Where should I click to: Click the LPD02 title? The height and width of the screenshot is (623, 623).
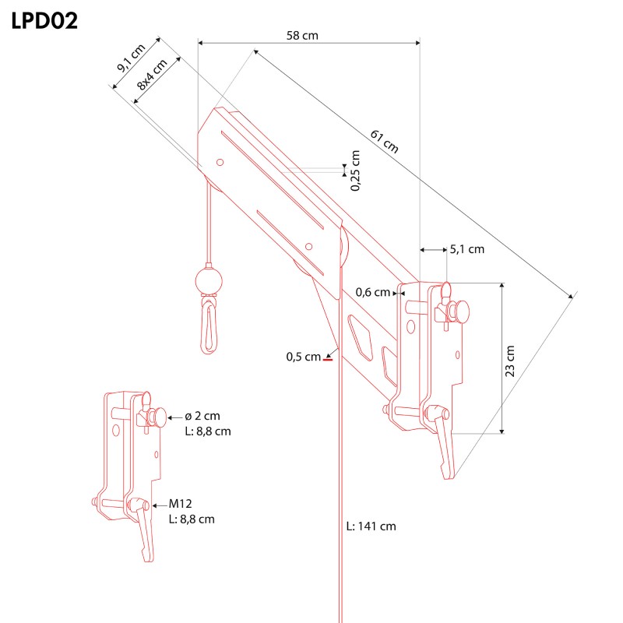(44, 21)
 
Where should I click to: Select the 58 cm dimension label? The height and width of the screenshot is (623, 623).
(302, 36)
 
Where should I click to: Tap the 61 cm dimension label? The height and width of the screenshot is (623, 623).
(384, 142)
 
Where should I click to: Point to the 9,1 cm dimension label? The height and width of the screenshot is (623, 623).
(131, 58)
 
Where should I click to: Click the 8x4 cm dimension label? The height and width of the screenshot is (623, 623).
(152, 75)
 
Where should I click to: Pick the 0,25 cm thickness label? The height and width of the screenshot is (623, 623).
(355, 171)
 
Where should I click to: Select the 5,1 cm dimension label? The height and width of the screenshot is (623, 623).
(466, 249)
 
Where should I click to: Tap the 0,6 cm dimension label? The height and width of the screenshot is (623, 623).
(373, 293)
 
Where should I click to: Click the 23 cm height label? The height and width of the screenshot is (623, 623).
(510, 361)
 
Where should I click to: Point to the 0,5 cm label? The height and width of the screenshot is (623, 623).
(303, 357)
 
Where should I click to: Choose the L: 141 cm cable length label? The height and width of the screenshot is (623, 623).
(371, 526)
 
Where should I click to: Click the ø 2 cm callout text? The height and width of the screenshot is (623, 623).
(202, 416)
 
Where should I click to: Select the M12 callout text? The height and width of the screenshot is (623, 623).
(181, 504)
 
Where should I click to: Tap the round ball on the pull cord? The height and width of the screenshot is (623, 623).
(209, 282)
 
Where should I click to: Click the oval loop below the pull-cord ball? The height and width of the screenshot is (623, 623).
(209, 328)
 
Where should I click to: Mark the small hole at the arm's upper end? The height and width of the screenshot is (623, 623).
(220, 162)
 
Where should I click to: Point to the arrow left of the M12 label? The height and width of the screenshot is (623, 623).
(160, 505)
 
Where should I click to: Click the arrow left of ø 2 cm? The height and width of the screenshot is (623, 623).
(175, 417)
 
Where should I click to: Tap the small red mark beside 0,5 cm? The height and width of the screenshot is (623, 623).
(327, 360)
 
